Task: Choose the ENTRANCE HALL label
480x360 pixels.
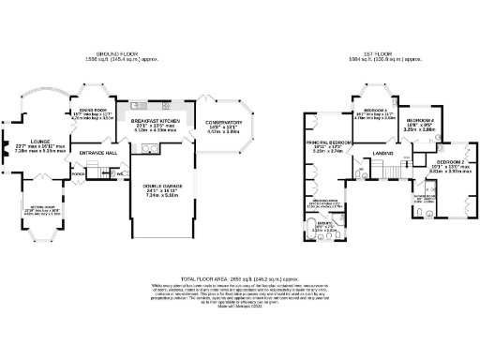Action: (x=97, y=152)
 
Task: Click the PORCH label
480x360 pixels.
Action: (x=78, y=173)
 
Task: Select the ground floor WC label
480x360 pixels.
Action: (x=121, y=173)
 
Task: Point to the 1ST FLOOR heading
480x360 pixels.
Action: (x=380, y=54)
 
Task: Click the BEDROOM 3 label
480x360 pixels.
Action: (x=375, y=110)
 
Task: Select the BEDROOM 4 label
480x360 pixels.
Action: (x=418, y=121)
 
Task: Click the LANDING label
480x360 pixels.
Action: (x=381, y=152)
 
